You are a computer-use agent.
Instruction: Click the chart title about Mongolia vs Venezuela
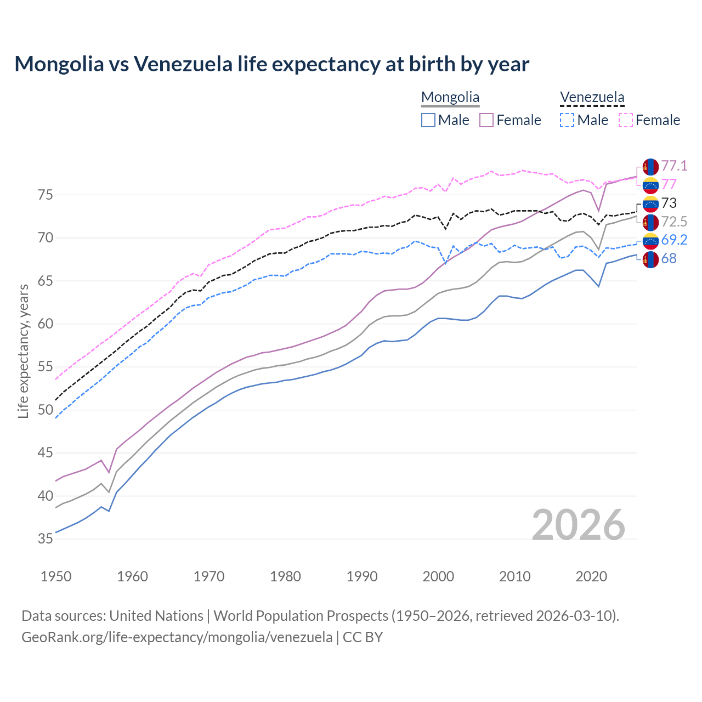(271, 64)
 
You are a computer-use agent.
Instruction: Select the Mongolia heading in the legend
(450, 98)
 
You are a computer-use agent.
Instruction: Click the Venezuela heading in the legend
(592, 98)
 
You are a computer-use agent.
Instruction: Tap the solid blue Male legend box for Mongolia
(428, 120)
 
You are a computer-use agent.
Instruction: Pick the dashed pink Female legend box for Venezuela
(626, 120)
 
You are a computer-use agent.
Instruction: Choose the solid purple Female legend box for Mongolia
(486, 120)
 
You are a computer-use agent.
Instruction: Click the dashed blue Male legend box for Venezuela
(567, 120)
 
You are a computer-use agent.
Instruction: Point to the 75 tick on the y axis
(46, 195)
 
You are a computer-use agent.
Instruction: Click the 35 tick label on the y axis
(46, 539)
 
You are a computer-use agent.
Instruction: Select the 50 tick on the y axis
(46, 410)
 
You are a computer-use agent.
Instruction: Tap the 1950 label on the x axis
(56, 576)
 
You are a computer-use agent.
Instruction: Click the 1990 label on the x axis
(362, 576)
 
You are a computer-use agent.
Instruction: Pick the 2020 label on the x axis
(591, 576)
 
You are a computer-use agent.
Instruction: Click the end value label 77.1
(673, 166)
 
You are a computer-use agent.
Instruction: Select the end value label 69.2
(674, 240)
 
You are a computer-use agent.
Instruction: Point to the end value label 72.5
(674, 222)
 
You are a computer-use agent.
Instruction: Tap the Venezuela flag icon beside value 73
(650, 203)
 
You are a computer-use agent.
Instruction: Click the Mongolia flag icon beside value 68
(650, 259)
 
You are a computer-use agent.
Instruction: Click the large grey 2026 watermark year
(578, 525)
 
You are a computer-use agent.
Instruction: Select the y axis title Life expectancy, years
(23, 351)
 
